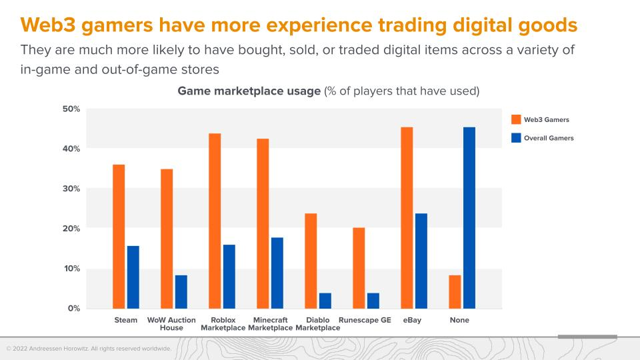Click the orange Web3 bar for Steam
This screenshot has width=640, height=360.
click(119, 237)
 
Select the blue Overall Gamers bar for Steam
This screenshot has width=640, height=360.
click(133, 277)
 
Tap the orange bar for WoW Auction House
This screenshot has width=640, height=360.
click(167, 239)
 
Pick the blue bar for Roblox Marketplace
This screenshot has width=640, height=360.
click(229, 277)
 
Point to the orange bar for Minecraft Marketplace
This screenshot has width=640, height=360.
click(263, 224)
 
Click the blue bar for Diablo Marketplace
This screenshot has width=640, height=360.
click(325, 301)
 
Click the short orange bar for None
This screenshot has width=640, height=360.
click(455, 292)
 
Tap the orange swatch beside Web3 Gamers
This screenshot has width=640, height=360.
click(515, 119)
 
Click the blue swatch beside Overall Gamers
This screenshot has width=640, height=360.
click(515, 138)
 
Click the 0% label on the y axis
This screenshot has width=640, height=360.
click(74, 309)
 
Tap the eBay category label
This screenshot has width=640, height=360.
click(412, 320)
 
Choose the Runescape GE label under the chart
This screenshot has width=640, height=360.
click(365, 320)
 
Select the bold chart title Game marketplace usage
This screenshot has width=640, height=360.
click(249, 91)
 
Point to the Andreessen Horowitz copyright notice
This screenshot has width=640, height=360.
click(89, 349)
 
